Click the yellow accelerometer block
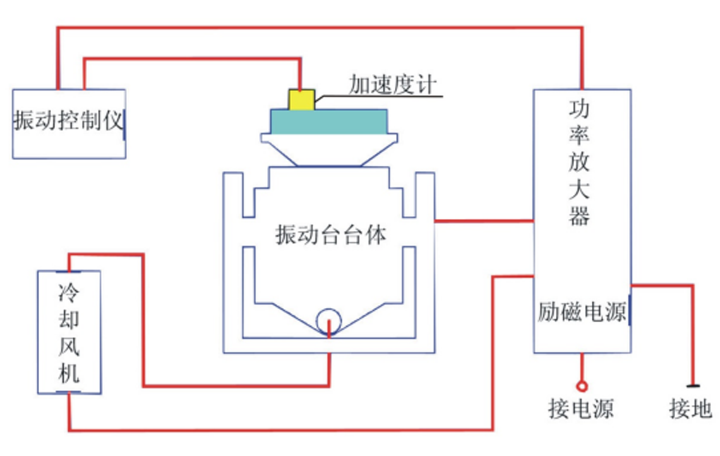pos(302,100)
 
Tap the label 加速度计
pos(393,85)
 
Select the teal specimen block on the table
pos(329,122)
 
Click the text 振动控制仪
pos(68,120)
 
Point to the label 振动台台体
pos(330,235)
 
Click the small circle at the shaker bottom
pos(329,321)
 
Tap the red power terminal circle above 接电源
pos(582,386)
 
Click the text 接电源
pos(581,408)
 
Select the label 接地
pos(690,408)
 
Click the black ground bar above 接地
pos(693,386)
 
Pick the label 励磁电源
pos(582,312)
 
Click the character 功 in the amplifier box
pos(579,108)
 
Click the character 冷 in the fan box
pos(69,293)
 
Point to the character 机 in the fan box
pos(69,372)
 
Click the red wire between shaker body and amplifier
pos(484,221)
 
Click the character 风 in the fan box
pos(69,346)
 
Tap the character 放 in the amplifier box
pos(579,161)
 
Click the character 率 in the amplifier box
pos(579,135)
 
